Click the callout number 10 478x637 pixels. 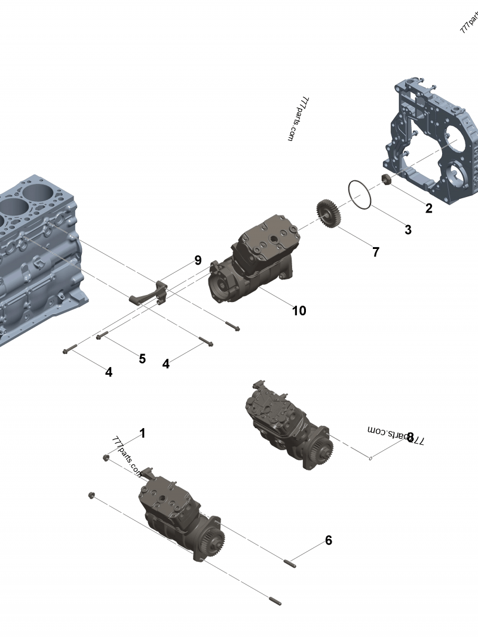[x=299, y=310]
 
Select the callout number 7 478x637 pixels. [x=375, y=252]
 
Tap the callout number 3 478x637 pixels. [x=407, y=230]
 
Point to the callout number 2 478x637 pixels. [x=428, y=208]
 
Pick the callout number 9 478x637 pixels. [x=198, y=260]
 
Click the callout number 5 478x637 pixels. [x=142, y=358]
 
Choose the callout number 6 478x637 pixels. [x=329, y=540]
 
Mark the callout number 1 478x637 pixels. [x=142, y=433]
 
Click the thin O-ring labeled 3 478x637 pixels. [x=359, y=195]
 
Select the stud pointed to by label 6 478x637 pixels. [x=290, y=562]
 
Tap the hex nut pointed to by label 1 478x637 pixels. [x=106, y=457]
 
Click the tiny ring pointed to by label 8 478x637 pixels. [x=371, y=458]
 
